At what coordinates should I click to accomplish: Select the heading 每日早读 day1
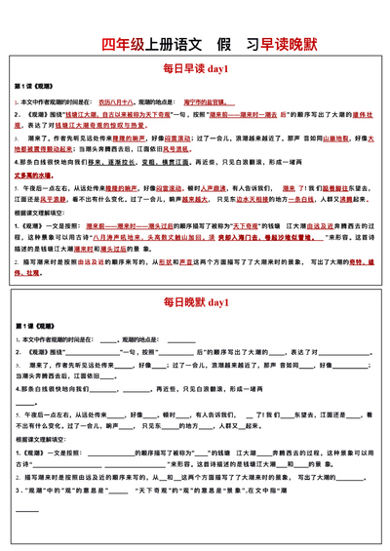point(195,69)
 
